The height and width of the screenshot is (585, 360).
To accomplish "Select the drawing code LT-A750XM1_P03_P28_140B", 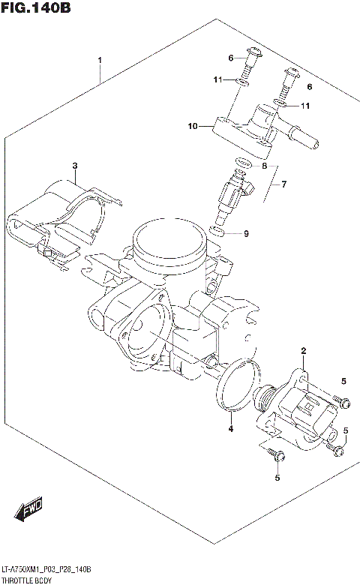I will (x=46, y=569).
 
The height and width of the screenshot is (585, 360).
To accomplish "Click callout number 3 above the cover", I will (x=74, y=165).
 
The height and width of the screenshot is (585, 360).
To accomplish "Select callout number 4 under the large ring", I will (x=231, y=429).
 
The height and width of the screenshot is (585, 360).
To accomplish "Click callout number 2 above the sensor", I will (x=304, y=351).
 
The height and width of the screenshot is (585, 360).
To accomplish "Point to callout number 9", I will (x=245, y=234).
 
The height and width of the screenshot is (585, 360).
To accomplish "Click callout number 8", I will (x=264, y=166).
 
